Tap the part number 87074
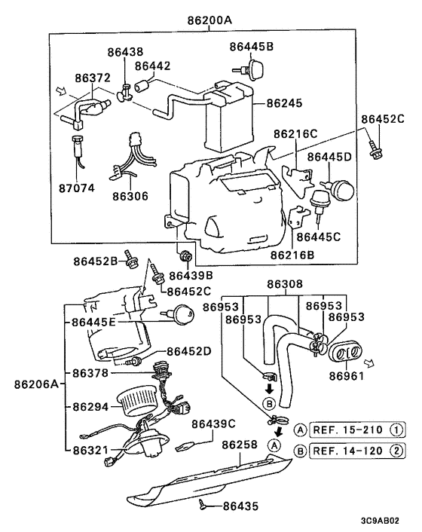click(x=78, y=188)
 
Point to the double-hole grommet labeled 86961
click(x=347, y=352)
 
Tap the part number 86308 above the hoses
click(x=285, y=285)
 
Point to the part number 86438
click(x=124, y=52)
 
